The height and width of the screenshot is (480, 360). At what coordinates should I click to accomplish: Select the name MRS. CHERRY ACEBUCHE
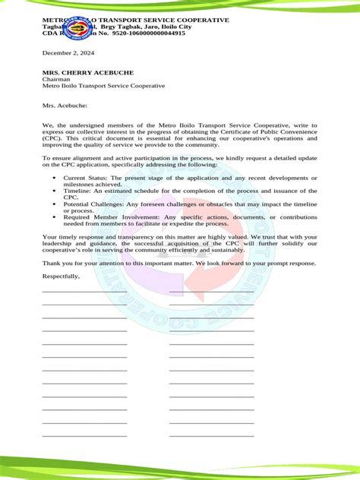88,72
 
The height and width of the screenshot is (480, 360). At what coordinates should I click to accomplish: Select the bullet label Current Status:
85,177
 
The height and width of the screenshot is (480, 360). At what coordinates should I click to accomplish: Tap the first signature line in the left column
84,292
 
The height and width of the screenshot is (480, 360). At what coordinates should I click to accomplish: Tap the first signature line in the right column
211,292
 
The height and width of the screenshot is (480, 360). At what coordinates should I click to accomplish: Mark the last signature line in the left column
84,435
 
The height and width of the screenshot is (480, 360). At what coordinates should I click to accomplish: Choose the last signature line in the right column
211,435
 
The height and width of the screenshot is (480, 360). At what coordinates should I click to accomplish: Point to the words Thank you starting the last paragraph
57,263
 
